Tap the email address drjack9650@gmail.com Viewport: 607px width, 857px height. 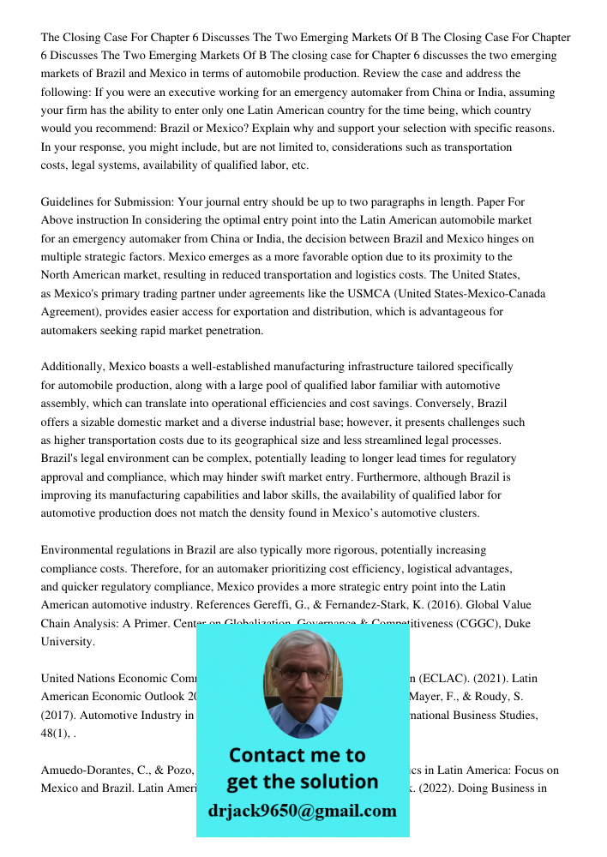(x=302, y=811)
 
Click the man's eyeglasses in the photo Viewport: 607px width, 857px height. (x=302, y=674)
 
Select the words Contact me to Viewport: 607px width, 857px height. (x=297, y=755)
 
